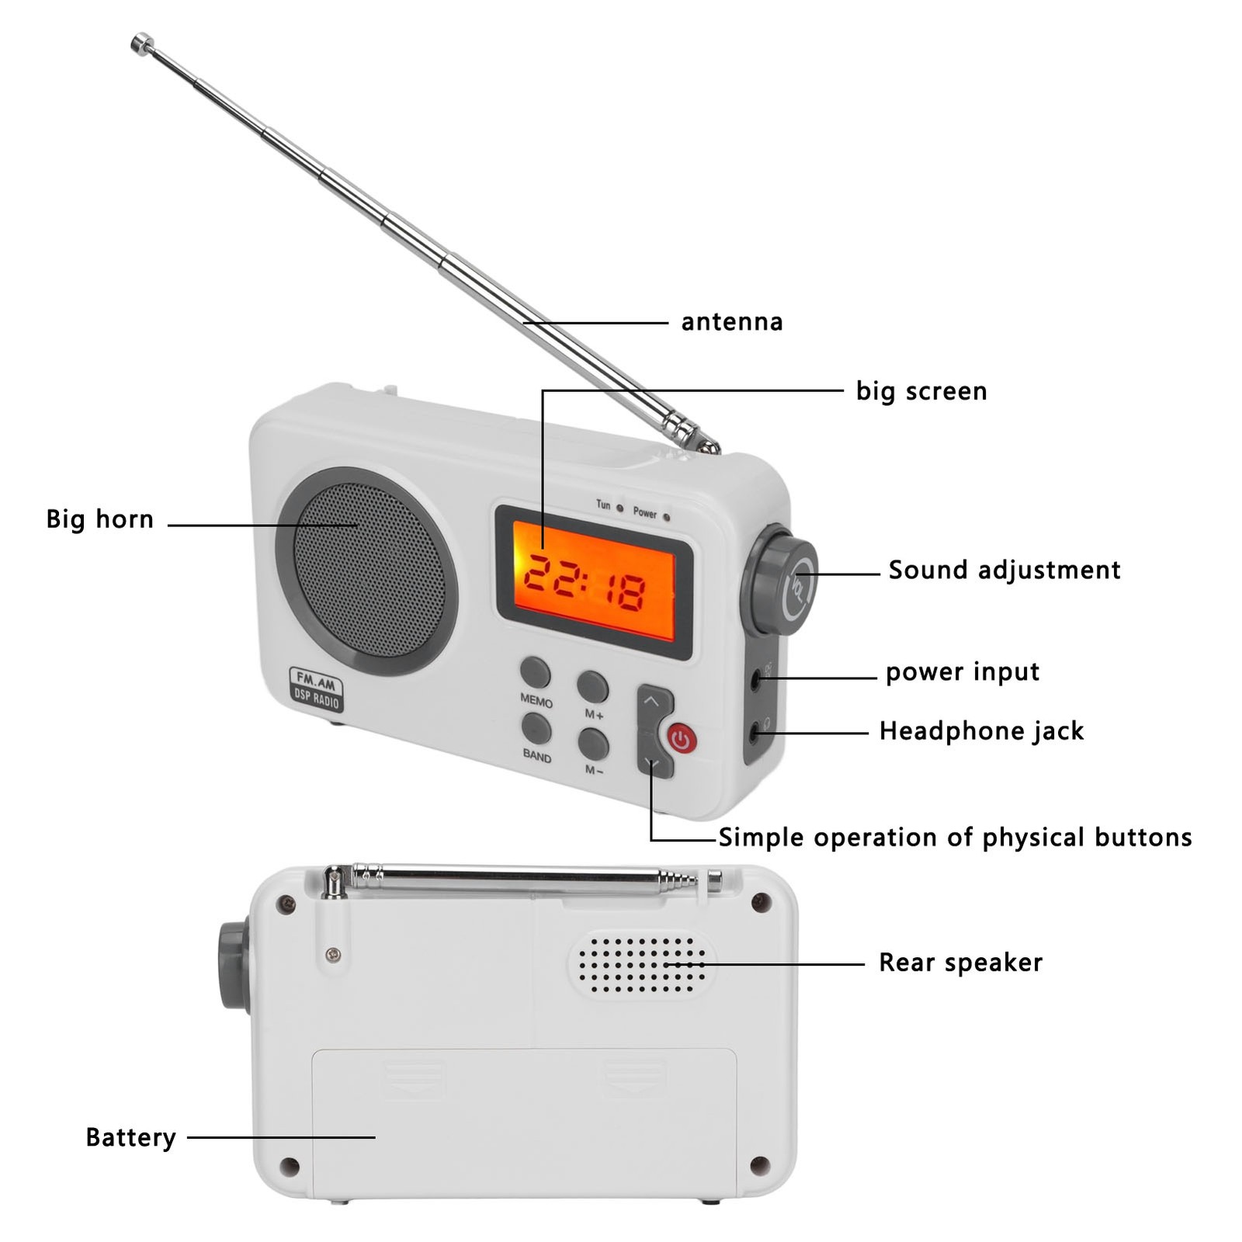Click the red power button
pos(682,739)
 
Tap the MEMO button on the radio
pos(536,671)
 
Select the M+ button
pos(592,686)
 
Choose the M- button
pos(593,744)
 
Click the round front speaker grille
pos(367,571)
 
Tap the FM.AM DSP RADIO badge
pos(316,689)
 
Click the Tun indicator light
pos(619,508)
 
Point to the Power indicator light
pos(667,516)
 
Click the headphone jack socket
pos(757,731)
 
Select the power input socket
pos(757,679)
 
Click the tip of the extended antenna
pos(141,43)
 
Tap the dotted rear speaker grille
pos(642,963)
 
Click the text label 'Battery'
pos(130,1137)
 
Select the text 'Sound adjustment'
pos(1004,570)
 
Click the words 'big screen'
pos(921,390)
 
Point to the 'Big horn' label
pos(100,519)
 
